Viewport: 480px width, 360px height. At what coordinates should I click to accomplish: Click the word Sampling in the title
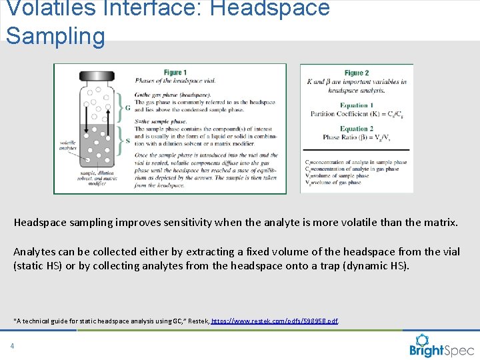(x=55, y=35)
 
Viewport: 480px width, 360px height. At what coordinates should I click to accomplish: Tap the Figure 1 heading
(x=175, y=73)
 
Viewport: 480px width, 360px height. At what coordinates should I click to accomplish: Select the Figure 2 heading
(x=356, y=73)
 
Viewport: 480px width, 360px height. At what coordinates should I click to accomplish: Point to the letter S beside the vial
(x=128, y=141)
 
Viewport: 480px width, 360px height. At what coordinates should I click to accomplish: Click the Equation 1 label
(x=357, y=105)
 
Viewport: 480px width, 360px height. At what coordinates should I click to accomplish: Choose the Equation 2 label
(x=357, y=129)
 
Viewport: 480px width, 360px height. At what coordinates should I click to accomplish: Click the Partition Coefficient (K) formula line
(x=357, y=114)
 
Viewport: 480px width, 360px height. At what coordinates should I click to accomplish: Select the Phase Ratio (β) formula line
(x=357, y=137)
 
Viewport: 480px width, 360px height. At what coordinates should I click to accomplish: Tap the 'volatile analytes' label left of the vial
(x=68, y=145)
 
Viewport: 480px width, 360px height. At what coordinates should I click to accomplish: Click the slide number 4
(x=12, y=346)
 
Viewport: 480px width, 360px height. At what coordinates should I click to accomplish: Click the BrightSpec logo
(x=441, y=346)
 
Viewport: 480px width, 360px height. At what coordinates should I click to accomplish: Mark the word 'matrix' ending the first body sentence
(x=441, y=223)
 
